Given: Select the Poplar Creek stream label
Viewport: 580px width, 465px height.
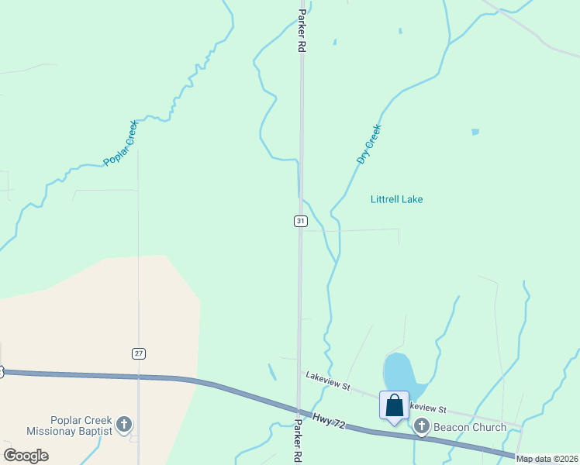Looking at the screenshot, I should [121, 143].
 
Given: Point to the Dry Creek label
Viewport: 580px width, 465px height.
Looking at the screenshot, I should [369, 144].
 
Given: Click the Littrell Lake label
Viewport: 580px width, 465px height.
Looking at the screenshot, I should [396, 199].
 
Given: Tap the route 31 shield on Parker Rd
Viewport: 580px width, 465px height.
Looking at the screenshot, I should [301, 222].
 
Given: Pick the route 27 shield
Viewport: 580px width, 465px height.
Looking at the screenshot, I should [138, 353].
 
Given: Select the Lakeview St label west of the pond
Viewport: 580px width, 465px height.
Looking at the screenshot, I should [328, 379].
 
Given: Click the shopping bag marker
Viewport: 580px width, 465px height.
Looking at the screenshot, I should [394, 405].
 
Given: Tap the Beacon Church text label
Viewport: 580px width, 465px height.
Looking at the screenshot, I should [470, 427].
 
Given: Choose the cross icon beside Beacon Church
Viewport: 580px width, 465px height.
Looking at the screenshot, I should [422, 426].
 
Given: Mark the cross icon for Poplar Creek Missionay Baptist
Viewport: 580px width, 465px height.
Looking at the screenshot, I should [124, 425].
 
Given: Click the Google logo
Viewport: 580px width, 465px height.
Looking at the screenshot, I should [26, 455].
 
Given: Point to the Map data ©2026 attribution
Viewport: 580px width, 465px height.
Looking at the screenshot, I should [547, 459].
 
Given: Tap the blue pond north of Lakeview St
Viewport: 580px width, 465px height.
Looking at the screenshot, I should [399, 374].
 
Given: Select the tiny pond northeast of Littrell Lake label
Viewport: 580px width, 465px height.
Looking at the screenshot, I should [475, 132].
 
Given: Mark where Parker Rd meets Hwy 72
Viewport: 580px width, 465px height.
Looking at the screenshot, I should [299, 408].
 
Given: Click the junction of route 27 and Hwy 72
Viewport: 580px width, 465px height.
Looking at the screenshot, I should [139, 377].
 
